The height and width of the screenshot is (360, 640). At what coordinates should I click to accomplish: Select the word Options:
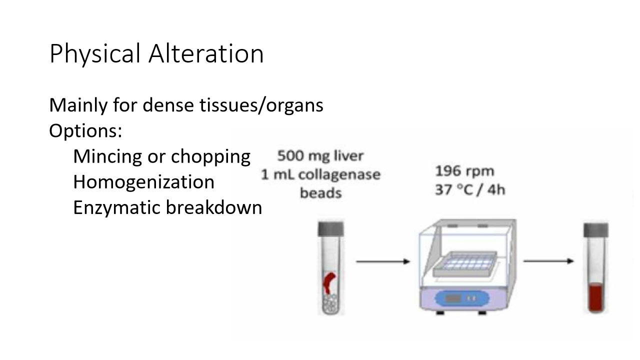click(x=85, y=131)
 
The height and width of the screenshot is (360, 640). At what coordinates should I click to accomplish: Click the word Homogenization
click(x=143, y=181)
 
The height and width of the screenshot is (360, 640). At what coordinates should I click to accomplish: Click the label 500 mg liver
click(x=320, y=156)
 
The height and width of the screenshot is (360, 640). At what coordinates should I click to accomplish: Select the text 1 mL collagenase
click(x=320, y=174)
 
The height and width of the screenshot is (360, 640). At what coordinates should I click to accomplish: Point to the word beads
click(x=320, y=193)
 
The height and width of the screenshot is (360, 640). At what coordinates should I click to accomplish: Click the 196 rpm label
click(x=464, y=171)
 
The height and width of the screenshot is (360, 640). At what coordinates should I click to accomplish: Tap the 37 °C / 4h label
click(x=469, y=190)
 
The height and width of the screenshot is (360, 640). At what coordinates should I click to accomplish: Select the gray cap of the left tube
click(x=331, y=227)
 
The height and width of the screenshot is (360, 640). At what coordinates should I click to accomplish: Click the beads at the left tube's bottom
click(x=331, y=303)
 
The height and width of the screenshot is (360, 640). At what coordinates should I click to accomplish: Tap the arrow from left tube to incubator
click(x=382, y=261)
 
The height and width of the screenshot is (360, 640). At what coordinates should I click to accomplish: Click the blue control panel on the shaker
click(x=460, y=299)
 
